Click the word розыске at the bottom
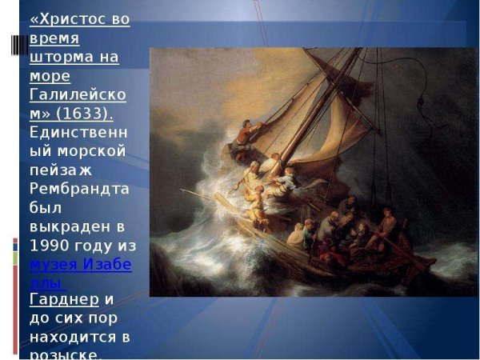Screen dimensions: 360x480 pos(64,354)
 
